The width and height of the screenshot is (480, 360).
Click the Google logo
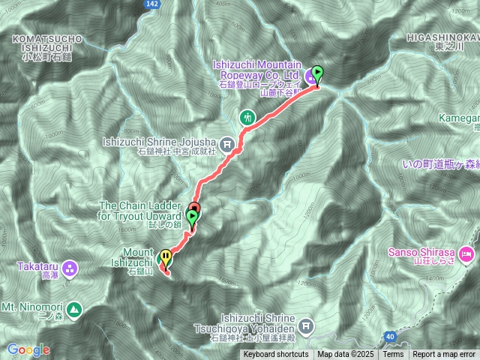pyautogui.click(x=28, y=349)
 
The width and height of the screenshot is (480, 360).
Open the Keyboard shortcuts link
pyautogui.click(x=275, y=355)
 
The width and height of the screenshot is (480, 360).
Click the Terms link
pyautogui.click(x=393, y=355)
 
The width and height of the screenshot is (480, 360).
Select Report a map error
pyautogui.click(x=445, y=355)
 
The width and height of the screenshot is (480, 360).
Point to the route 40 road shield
pyautogui.click(x=388, y=337)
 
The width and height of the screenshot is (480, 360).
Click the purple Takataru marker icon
pyautogui.click(x=70, y=267)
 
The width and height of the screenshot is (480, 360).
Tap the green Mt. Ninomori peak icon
pyautogui.click(x=74, y=308)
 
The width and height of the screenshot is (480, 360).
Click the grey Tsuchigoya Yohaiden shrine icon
pyautogui.click(x=305, y=326)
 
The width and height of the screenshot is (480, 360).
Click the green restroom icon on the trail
pyautogui.click(x=247, y=118)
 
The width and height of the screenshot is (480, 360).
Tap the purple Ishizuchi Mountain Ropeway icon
pyautogui.click(x=310, y=76)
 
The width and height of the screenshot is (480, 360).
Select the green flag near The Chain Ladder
pyautogui.click(x=192, y=218)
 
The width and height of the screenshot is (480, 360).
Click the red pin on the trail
pyautogui.click(x=194, y=208)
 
